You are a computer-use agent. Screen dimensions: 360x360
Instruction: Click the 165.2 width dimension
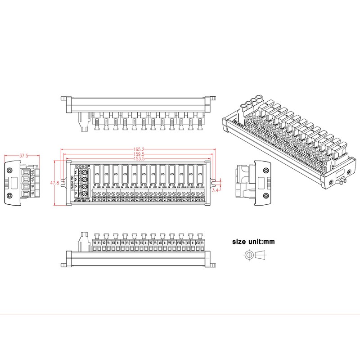click(139, 149)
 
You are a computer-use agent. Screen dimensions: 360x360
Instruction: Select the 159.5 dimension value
click(139, 154)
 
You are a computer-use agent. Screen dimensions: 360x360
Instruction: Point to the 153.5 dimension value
click(139, 159)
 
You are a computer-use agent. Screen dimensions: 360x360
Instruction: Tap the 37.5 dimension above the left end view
click(23, 156)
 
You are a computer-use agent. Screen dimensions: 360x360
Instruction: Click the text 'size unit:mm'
click(253, 242)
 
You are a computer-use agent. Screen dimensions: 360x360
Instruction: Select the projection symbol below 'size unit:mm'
click(254, 255)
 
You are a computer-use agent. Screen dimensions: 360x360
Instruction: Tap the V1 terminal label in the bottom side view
click(95, 243)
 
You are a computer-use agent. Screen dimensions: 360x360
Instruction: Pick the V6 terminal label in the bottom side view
click(142, 243)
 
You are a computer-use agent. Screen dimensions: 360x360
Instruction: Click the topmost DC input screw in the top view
click(84, 171)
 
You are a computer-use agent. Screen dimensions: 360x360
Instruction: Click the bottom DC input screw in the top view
click(84, 194)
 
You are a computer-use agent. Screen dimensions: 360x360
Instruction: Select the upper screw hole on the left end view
click(9, 170)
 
